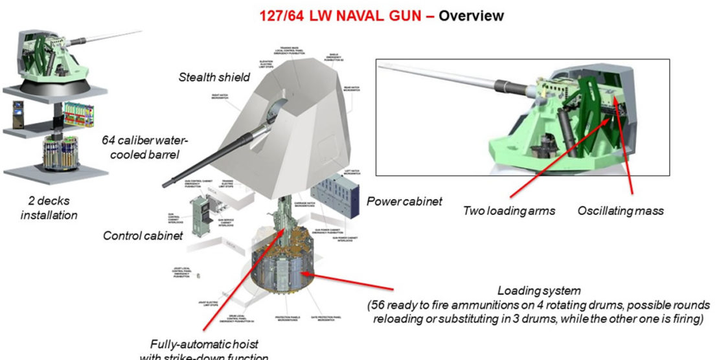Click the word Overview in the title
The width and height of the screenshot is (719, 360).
tap(471, 14)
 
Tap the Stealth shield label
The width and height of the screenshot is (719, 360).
tap(214, 78)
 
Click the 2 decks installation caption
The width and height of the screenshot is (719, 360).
tap(49, 208)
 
